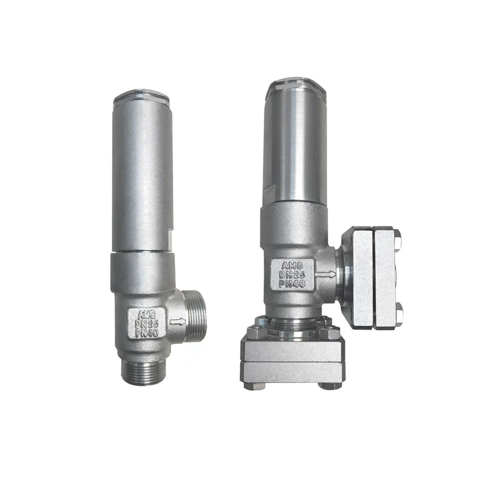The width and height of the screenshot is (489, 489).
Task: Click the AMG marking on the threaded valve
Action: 146,314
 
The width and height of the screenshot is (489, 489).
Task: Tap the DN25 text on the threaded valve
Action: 146,324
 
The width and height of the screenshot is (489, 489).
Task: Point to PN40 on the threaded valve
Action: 147,333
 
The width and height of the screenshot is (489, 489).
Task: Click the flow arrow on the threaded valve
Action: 178,321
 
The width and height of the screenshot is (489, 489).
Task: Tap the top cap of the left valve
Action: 142,96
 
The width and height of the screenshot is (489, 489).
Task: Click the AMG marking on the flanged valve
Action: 292,266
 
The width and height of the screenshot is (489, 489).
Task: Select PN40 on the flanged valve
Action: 293,284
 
